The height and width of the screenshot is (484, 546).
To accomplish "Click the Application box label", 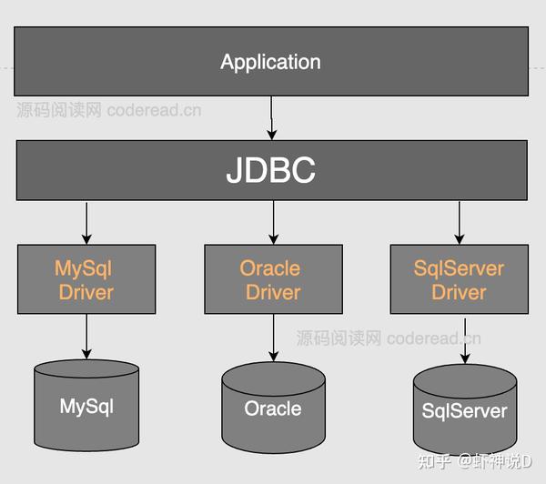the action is (x=270, y=63).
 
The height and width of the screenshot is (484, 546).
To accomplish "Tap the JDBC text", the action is (x=271, y=170).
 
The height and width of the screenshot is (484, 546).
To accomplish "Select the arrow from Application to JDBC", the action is (x=271, y=118).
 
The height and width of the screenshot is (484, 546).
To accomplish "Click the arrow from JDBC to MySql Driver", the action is (x=86, y=223).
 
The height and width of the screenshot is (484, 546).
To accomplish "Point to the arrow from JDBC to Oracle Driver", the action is (x=273, y=223).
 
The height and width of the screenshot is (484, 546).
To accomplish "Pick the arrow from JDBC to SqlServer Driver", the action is (x=460, y=223).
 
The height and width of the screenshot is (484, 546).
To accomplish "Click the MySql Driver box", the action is (x=86, y=279).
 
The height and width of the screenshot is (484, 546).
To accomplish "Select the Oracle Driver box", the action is (x=273, y=279).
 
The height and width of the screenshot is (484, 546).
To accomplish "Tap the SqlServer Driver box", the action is (x=460, y=279).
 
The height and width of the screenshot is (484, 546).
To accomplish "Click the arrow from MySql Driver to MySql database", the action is (x=86, y=337).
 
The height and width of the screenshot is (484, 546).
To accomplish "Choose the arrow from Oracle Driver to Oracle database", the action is (x=273, y=338).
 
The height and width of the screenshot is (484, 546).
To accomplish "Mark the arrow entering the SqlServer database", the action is (x=465, y=341).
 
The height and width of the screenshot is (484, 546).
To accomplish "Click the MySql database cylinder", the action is (x=86, y=406).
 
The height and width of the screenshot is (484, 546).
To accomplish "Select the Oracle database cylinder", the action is (x=273, y=408).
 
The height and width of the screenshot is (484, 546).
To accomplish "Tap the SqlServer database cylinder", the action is (x=465, y=409).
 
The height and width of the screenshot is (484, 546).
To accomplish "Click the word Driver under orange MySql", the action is (x=86, y=292).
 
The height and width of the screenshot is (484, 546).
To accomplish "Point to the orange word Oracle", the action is (x=270, y=268).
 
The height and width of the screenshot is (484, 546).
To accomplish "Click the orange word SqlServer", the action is (x=459, y=268).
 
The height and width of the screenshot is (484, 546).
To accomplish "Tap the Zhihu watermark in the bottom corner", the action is (x=475, y=462).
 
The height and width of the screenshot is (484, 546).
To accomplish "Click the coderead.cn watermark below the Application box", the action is (x=109, y=110).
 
